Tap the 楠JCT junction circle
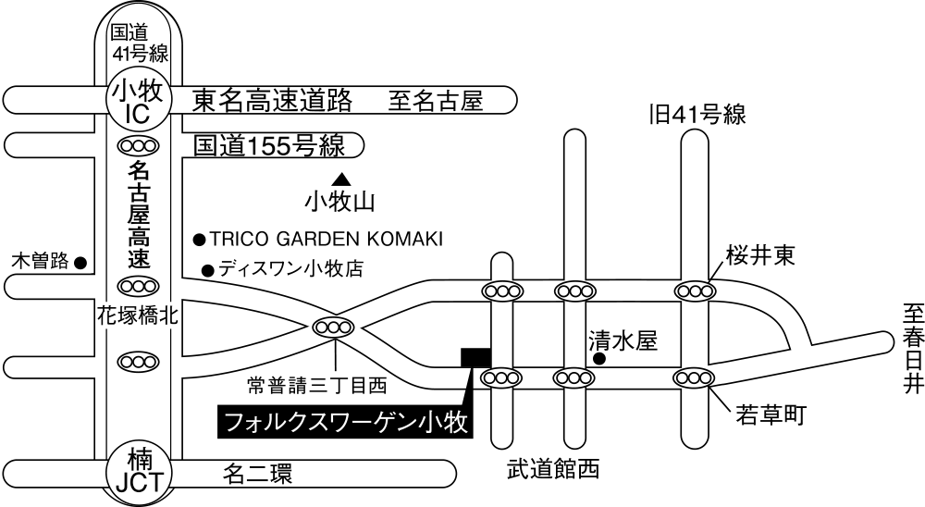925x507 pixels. tap(138, 472)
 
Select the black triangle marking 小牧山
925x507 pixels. tap(340, 179)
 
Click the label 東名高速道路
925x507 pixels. tap(273, 101)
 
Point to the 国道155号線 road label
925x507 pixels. tap(269, 145)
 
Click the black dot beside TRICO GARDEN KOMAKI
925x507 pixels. tap(200, 240)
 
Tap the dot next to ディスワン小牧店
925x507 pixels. tap(207, 271)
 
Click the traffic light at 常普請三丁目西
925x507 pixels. tap(333, 326)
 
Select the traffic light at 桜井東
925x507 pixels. tap(695, 291)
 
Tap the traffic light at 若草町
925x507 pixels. tap(695, 377)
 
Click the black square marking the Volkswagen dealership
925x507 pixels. tap(475, 357)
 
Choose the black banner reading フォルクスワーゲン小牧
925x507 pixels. tap(346, 422)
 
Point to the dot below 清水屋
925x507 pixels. tap(598, 359)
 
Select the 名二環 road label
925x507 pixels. tap(257, 474)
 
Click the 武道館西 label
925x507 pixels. tap(553, 470)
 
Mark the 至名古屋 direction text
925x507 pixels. tap(436, 101)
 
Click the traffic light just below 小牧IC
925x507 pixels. tap(138, 144)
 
